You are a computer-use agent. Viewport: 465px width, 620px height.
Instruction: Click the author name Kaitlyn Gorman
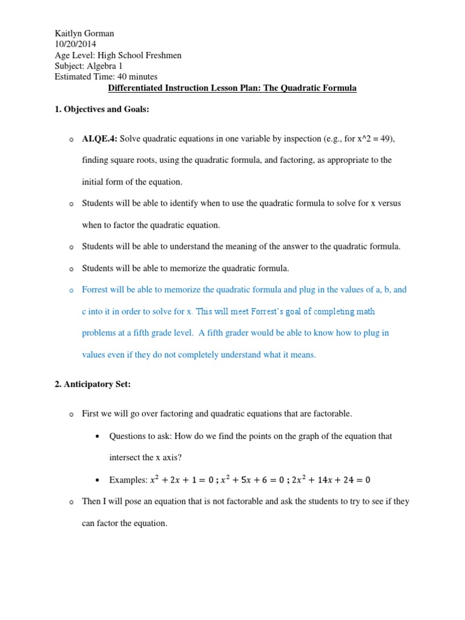(84, 33)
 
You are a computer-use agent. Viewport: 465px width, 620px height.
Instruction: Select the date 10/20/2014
(75, 44)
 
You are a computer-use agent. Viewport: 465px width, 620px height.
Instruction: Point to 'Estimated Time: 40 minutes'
(106, 77)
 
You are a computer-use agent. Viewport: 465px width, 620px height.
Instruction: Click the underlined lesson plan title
(232, 88)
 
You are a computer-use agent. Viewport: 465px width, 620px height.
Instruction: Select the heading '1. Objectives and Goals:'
(97, 110)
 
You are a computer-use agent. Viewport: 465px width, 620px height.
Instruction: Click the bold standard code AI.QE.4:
(101, 139)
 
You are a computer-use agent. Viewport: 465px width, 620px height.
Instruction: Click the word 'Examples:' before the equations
(128, 480)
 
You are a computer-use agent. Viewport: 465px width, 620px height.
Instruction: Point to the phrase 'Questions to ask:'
(140, 436)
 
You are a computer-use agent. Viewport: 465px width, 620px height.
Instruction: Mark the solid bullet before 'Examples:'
(98, 480)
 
